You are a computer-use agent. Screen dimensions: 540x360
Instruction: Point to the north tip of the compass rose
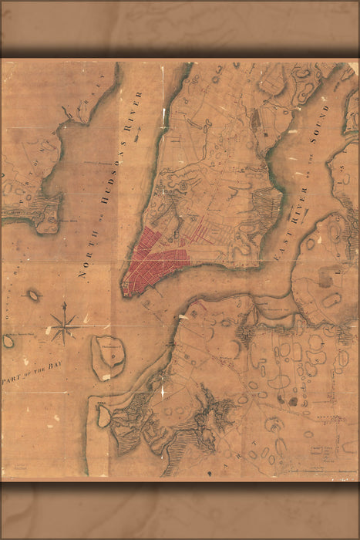click(x=64, y=303)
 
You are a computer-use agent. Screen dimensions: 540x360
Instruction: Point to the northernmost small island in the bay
click(x=34, y=295)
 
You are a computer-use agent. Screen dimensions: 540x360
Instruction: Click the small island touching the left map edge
click(x=8, y=340)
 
